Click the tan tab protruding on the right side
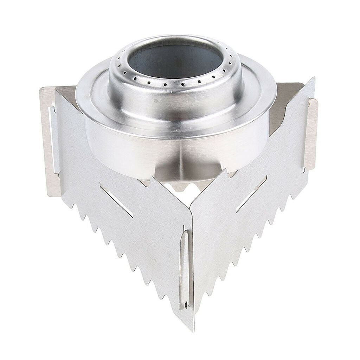pos(311,134)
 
